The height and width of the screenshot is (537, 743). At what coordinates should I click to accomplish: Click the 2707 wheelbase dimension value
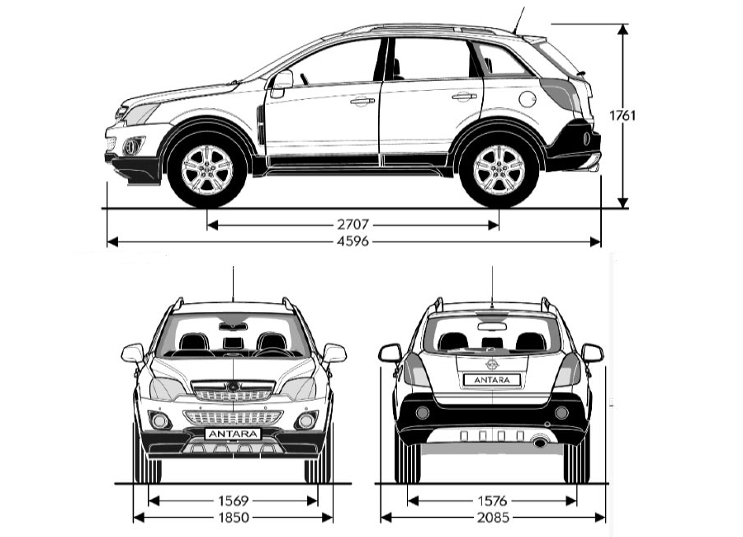[x=353, y=224]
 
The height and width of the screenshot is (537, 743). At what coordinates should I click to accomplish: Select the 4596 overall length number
[x=353, y=241]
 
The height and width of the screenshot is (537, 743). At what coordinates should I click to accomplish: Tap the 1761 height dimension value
[x=622, y=116]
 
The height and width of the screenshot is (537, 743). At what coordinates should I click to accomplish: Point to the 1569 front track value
[x=233, y=500]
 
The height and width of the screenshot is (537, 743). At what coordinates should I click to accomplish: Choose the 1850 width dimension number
[x=233, y=517]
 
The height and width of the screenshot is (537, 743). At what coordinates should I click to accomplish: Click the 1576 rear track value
[x=492, y=500]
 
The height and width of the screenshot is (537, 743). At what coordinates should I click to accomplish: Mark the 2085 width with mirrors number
[x=493, y=517]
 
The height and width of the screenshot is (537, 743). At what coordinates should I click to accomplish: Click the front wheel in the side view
[x=207, y=169]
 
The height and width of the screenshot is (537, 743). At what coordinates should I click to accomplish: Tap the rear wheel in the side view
[x=499, y=169]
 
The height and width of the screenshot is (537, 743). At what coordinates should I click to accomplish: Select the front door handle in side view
[x=362, y=101]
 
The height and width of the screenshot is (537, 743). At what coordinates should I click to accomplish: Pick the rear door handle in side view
[x=464, y=97]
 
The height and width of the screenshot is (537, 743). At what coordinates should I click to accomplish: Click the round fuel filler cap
[x=528, y=98]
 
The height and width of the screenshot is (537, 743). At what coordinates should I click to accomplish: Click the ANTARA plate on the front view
[x=233, y=434]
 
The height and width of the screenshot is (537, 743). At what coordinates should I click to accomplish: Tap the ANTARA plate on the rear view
[x=492, y=379]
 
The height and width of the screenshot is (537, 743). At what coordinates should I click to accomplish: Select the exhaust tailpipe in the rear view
[x=540, y=442]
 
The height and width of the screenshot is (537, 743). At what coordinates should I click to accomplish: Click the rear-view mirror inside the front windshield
[x=233, y=326]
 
